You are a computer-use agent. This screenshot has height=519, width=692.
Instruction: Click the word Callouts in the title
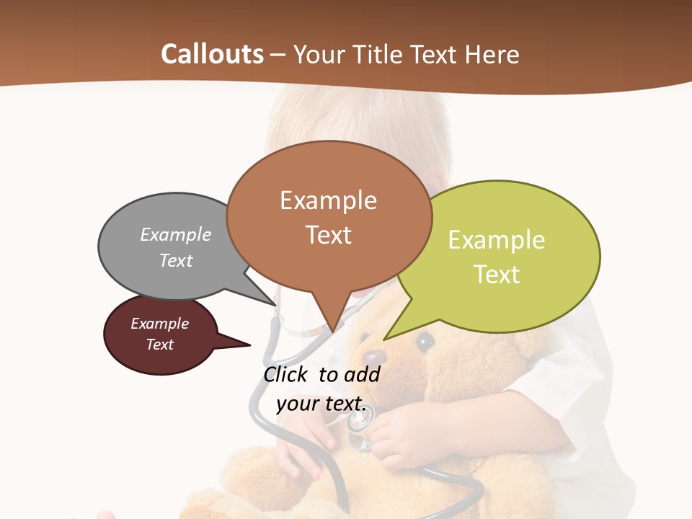[212, 54]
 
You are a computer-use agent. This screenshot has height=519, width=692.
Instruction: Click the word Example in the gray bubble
[176, 234]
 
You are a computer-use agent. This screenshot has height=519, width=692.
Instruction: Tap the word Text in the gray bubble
[176, 260]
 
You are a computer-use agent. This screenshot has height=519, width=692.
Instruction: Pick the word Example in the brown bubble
[328, 200]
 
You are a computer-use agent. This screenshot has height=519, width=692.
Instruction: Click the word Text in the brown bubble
[328, 235]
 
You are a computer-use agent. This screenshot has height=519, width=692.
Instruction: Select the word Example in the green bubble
[497, 240]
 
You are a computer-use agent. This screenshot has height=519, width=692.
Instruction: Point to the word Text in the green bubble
[497, 275]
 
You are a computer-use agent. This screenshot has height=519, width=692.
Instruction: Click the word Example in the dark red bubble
[159, 324]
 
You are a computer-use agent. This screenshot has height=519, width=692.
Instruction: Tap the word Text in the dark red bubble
[159, 345]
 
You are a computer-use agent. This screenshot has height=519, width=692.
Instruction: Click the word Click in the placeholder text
[286, 374]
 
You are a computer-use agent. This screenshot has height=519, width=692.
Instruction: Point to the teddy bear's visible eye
[425, 340]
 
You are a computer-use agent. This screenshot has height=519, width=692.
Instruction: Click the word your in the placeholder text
[297, 404]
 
